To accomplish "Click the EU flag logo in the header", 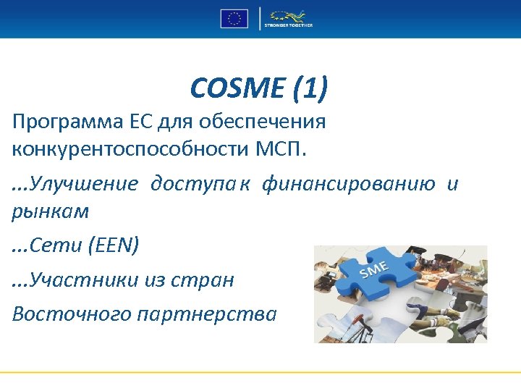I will tap(234, 18).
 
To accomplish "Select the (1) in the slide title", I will tap(309, 89).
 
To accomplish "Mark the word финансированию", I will tap(348, 184).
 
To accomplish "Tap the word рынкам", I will tap(51, 211).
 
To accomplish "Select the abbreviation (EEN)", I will tap(114, 246).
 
